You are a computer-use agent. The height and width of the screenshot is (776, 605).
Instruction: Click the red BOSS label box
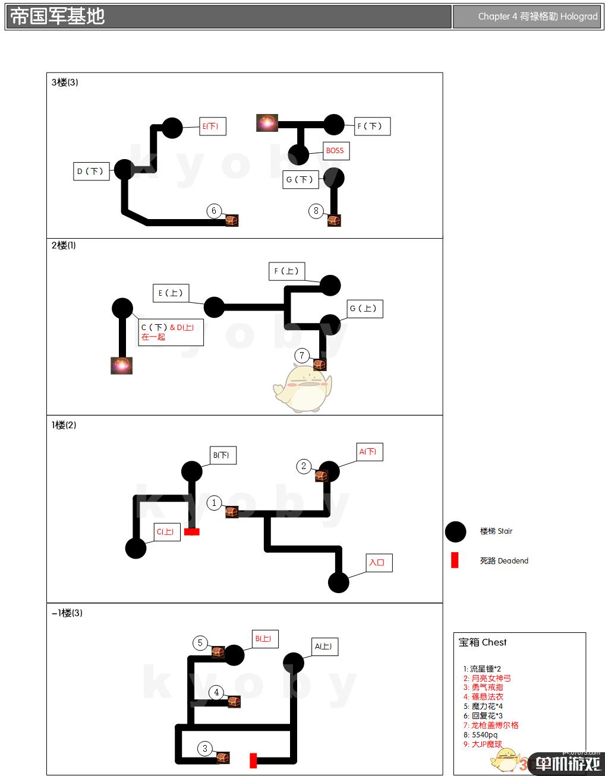click(x=335, y=151)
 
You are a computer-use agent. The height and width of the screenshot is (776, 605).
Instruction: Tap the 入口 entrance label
click(x=377, y=563)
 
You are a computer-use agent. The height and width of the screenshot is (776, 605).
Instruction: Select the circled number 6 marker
click(x=214, y=211)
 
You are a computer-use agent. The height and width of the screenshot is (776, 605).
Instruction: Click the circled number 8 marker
click(x=316, y=211)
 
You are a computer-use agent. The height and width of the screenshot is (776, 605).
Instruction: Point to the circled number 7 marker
click(x=302, y=356)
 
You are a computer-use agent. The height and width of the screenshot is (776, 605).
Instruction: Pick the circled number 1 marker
click(x=215, y=503)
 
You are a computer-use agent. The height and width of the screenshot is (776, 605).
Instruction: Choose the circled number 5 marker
click(x=200, y=643)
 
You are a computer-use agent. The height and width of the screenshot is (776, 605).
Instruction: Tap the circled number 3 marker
click(x=205, y=749)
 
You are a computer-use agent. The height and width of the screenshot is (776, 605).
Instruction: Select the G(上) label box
click(x=364, y=309)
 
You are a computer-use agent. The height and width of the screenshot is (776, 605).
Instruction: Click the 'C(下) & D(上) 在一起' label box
click(x=170, y=332)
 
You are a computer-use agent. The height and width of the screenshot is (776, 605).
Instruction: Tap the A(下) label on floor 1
click(x=368, y=452)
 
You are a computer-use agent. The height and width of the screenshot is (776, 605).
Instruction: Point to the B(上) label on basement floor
click(x=263, y=639)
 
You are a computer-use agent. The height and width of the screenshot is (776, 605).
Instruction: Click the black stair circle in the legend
click(x=456, y=531)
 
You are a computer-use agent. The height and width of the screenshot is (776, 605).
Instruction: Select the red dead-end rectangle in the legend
click(x=455, y=560)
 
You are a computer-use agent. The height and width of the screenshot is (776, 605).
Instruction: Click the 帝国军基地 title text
click(x=58, y=17)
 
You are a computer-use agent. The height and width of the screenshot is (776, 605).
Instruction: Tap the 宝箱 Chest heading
click(x=483, y=642)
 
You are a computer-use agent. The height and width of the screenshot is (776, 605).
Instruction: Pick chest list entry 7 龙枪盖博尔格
click(x=491, y=725)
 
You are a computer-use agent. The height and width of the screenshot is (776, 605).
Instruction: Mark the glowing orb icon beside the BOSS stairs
click(x=267, y=123)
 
